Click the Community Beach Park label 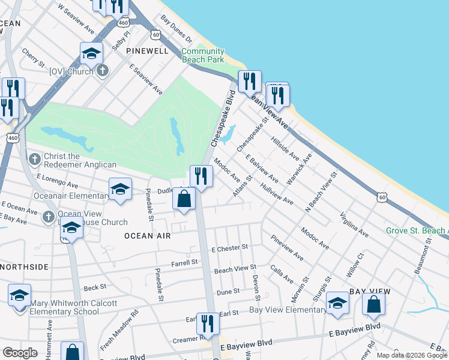click(203, 55)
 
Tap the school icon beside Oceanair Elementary click(120, 188)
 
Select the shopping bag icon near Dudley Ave click(184, 199)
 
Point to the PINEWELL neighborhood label click(148, 52)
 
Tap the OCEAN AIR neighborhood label click(148, 236)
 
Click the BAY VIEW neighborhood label click(370, 291)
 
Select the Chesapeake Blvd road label click(222, 118)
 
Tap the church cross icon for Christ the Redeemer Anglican click(35, 159)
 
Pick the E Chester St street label click(229, 248)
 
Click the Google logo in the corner click(20, 353)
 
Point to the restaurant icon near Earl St click(208, 323)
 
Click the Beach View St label click(235, 269)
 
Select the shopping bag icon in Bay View click(374, 304)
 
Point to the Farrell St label click(184, 262)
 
